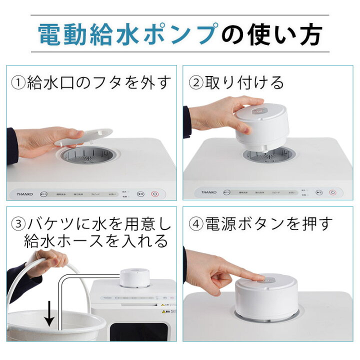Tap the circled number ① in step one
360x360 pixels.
click(18, 82)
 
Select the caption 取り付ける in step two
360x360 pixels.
click(244, 81)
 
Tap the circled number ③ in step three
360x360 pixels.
click(18, 223)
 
